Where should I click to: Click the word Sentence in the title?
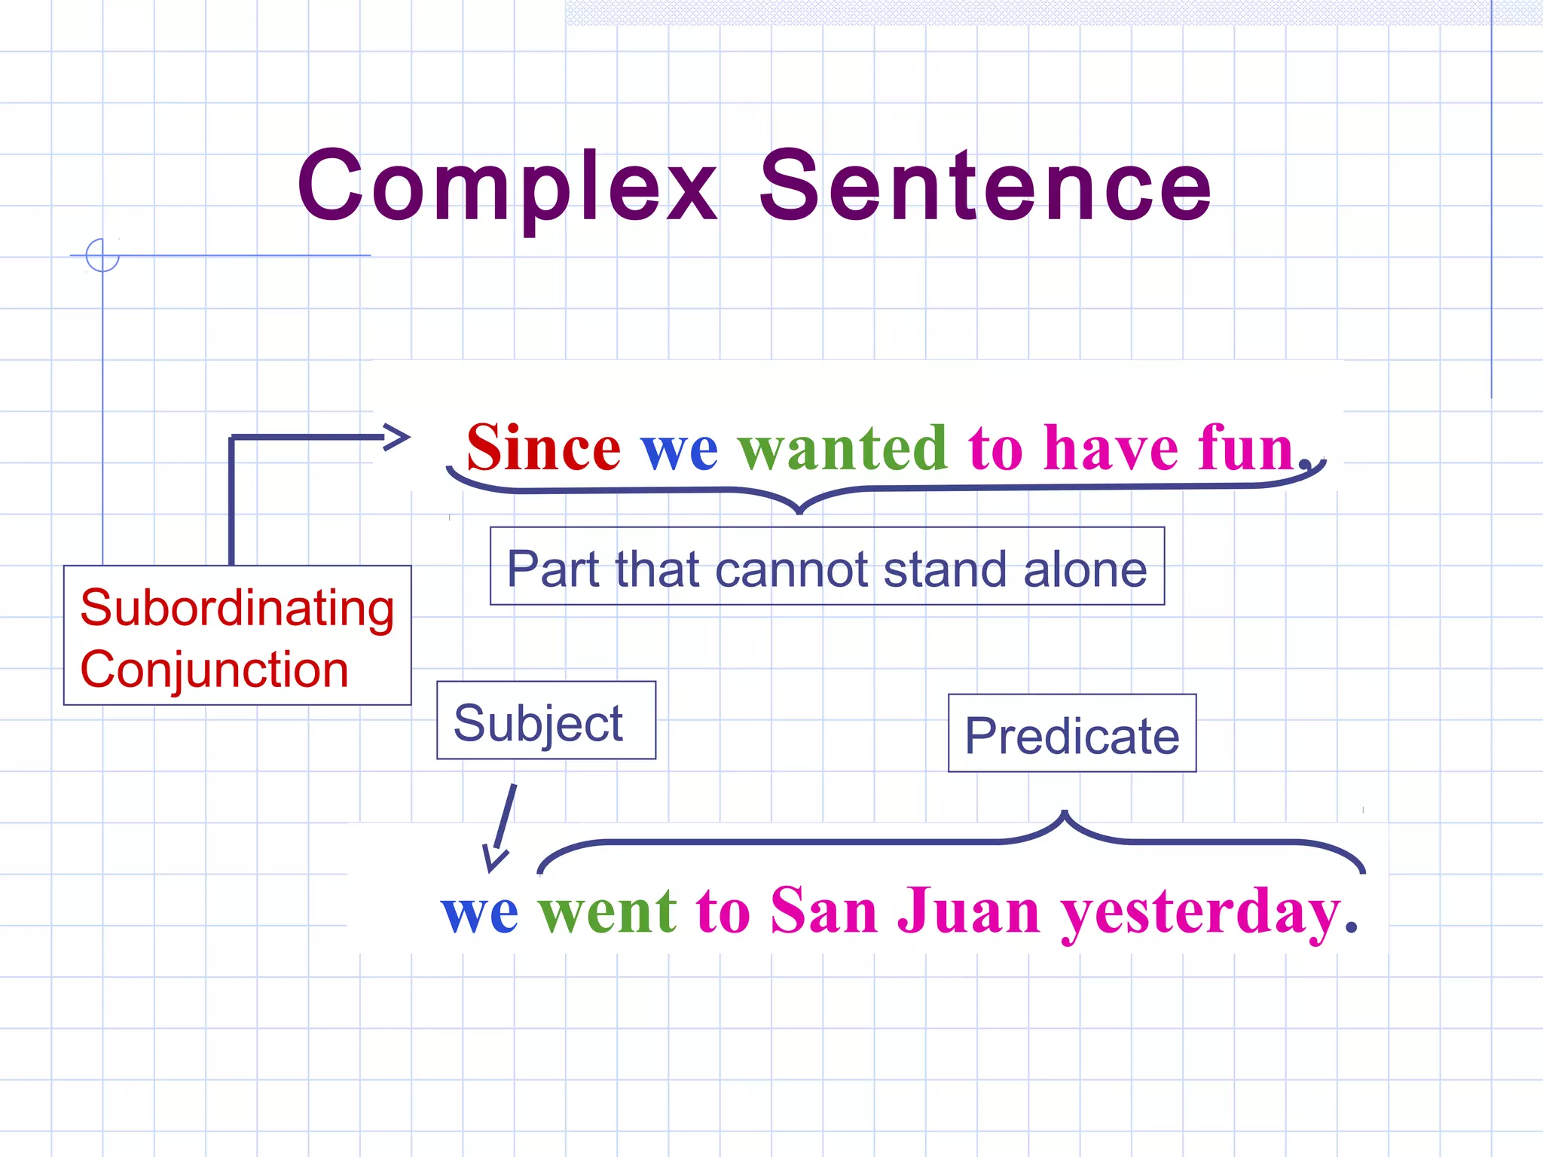click(985, 187)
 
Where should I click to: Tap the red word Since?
click(543, 449)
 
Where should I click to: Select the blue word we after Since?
click(679, 450)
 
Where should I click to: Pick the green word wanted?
click(842, 449)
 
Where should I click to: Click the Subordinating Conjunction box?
click(237, 635)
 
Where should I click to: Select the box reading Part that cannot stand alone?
click(826, 566)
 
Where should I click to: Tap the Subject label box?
click(545, 721)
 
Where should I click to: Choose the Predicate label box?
click(1071, 734)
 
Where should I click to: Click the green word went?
click(607, 912)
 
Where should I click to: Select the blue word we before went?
click(480, 913)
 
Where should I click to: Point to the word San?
click(823, 911)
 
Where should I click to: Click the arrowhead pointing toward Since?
click(396, 437)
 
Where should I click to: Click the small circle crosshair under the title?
click(102, 255)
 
